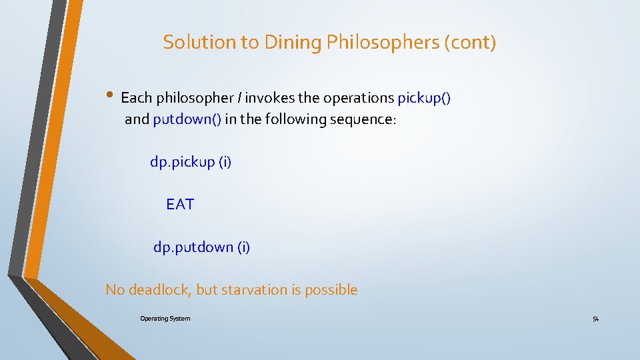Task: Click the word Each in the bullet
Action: click(137, 98)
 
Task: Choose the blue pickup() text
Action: click(424, 98)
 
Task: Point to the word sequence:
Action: click(363, 119)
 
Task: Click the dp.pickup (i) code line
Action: click(191, 162)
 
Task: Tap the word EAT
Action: click(180, 205)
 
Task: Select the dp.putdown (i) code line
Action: click(201, 247)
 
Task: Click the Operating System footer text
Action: click(165, 319)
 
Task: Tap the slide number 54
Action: click(595, 319)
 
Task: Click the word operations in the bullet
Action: click(359, 98)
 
